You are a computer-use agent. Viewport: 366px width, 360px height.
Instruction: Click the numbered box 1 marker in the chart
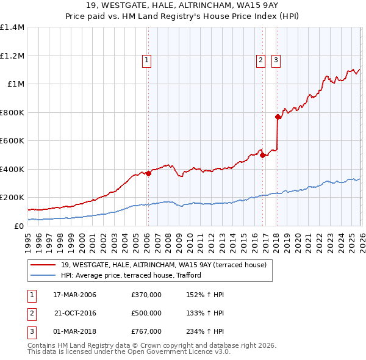click(148, 60)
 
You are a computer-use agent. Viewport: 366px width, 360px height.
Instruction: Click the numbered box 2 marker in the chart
click(260, 60)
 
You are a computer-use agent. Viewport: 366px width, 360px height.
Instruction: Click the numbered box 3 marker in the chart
click(276, 60)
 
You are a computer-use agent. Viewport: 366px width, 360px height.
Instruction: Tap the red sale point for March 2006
click(148, 173)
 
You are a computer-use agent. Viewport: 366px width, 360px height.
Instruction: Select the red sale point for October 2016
click(262, 155)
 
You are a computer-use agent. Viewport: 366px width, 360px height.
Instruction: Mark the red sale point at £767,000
click(278, 117)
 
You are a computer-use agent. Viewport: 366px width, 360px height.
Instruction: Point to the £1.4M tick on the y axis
click(12, 27)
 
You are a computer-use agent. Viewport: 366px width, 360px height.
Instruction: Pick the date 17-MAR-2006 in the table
click(74, 295)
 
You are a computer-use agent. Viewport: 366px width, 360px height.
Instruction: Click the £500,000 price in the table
click(146, 313)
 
